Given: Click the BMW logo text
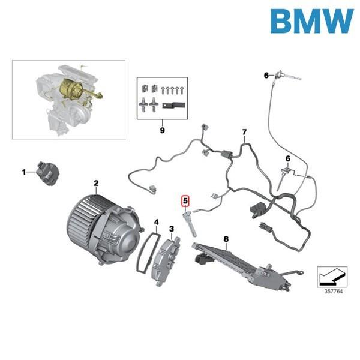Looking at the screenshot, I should click(x=311, y=22).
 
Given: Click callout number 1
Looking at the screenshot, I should click(x=25, y=172).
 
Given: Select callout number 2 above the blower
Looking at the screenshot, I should click(x=95, y=182).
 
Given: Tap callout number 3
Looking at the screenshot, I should click(x=172, y=229).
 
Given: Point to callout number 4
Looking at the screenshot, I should click(x=156, y=222).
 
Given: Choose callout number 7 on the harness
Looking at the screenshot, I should click(x=244, y=132).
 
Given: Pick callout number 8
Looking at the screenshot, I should click(x=226, y=239).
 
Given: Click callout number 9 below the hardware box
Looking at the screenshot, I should click(x=161, y=129).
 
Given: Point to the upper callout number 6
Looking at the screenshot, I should click(x=266, y=75).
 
